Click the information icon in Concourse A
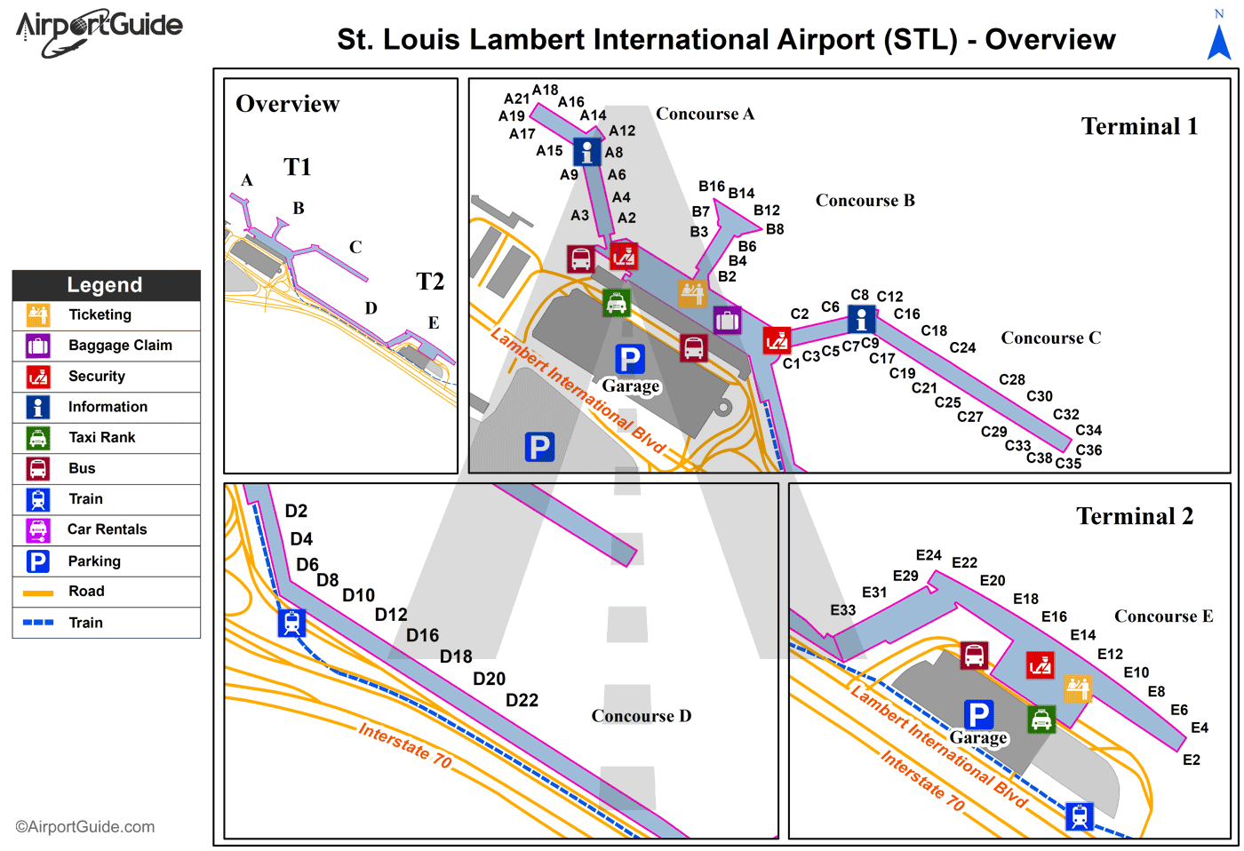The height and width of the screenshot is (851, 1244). pyautogui.click(x=586, y=152)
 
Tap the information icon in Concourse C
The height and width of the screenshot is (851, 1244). pyautogui.click(x=861, y=319)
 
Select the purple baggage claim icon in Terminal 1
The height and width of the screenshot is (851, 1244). pyautogui.click(x=727, y=320)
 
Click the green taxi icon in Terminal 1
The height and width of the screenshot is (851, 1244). pyautogui.click(x=617, y=303)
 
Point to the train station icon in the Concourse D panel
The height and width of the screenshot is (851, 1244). pyautogui.click(x=291, y=623)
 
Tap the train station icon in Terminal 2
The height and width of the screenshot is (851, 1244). pyautogui.click(x=1080, y=815)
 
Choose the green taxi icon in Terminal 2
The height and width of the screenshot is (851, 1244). pyautogui.click(x=1041, y=719)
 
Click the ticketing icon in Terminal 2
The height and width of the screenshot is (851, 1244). pyautogui.click(x=1078, y=688)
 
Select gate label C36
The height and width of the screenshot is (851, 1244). pyautogui.click(x=1088, y=450)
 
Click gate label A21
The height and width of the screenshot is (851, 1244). pyautogui.click(x=516, y=99)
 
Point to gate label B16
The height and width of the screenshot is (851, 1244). pyautogui.click(x=711, y=187)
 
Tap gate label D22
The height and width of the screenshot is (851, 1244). pyautogui.click(x=522, y=700)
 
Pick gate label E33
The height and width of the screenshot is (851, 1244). pyautogui.click(x=842, y=610)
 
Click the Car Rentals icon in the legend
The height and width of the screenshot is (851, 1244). pyautogui.click(x=38, y=530)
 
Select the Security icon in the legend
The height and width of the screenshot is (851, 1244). pyautogui.click(x=38, y=377)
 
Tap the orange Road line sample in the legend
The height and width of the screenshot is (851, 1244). pyautogui.click(x=38, y=593)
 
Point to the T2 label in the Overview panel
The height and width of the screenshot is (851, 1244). pyautogui.click(x=430, y=282)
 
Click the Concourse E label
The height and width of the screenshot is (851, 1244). pyautogui.click(x=1163, y=616)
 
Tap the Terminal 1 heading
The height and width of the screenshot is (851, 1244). pyautogui.click(x=1139, y=127)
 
